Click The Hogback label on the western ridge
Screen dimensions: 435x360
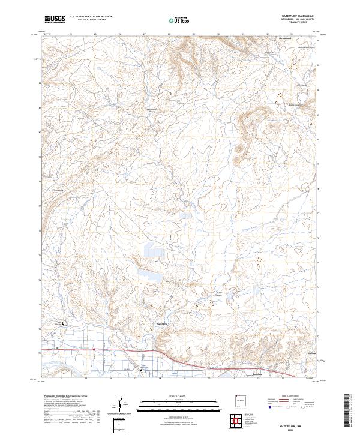pos(58,190)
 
